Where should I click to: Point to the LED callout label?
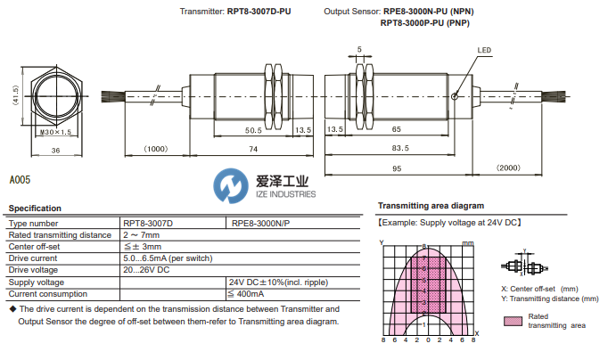(485, 51)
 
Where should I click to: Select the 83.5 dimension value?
(401, 149)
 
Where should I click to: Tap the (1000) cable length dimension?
(156, 149)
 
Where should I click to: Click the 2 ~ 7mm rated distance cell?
(142, 234)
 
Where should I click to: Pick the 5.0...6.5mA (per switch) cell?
(168, 258)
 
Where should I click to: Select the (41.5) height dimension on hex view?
(15, 95)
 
